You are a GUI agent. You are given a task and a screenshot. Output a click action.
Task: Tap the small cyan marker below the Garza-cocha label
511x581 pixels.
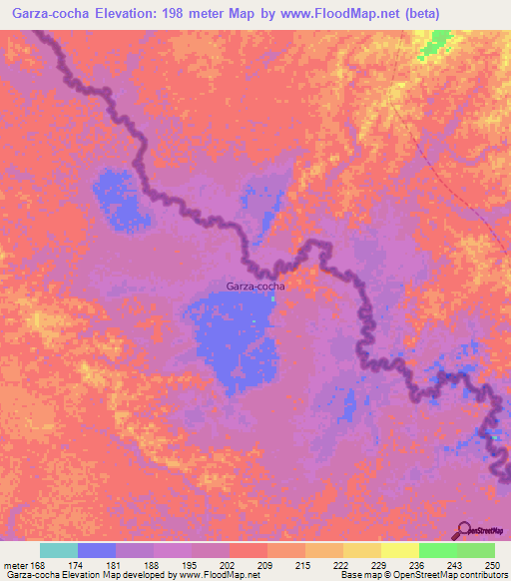[x=269, y=295]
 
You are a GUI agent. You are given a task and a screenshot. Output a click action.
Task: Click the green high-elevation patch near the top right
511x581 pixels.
[x=436, y=43]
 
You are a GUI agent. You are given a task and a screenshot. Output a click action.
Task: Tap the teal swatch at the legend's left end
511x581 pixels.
[x=59, y=550]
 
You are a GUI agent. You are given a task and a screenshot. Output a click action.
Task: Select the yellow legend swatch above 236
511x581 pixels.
[x=400, y=550]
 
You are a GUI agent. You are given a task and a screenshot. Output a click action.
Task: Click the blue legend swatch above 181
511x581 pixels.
[x=97, y=550]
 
